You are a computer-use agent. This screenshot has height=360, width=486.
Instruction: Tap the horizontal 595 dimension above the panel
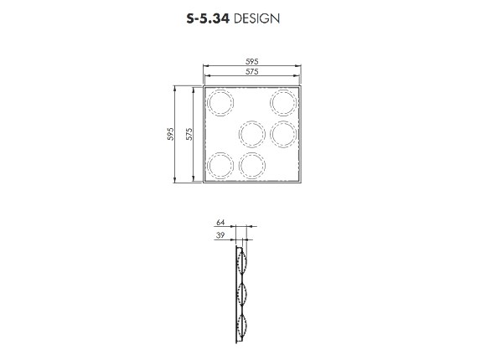(251, 61)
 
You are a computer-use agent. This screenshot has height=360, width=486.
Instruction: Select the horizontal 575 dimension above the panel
(251, 73)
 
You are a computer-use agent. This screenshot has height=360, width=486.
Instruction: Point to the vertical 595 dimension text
(170, 133)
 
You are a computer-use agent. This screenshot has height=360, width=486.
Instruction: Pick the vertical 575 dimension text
(190, 133)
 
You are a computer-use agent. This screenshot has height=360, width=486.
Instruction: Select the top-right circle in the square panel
(283, 102)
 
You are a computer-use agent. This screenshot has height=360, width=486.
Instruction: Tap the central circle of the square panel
(251, 133)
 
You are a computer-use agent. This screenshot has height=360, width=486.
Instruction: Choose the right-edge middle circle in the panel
(283, 133)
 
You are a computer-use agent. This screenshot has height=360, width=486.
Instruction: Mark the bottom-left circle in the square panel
(220, 165)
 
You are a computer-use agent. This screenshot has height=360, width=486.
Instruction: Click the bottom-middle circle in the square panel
(251, 165)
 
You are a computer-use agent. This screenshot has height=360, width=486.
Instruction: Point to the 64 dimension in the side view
(221, 223)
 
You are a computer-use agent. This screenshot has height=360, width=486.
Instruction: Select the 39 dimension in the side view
(221, 236)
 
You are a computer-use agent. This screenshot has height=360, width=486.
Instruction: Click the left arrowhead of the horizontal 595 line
(204, 67)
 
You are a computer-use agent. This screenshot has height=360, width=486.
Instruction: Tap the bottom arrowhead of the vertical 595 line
(176, 181)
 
